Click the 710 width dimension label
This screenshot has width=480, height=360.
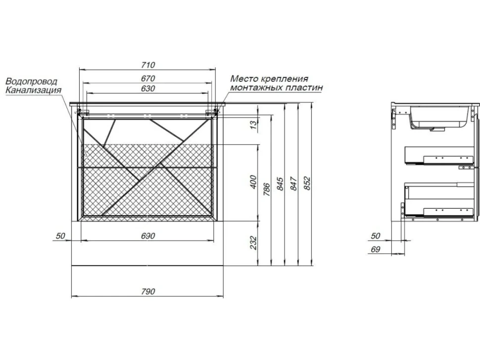coord(148,65)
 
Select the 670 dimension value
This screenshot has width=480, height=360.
coord(148,78)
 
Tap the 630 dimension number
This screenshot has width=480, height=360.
coord(148,89)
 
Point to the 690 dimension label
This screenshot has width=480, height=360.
coord(148,236)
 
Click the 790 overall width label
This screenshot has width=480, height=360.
coord(148,291)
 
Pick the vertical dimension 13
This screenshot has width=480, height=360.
coord(254,125)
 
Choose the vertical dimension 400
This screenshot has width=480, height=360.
coord(254,182)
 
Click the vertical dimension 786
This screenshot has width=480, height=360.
coord(267,189)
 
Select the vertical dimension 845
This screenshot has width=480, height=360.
coord(280,183)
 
